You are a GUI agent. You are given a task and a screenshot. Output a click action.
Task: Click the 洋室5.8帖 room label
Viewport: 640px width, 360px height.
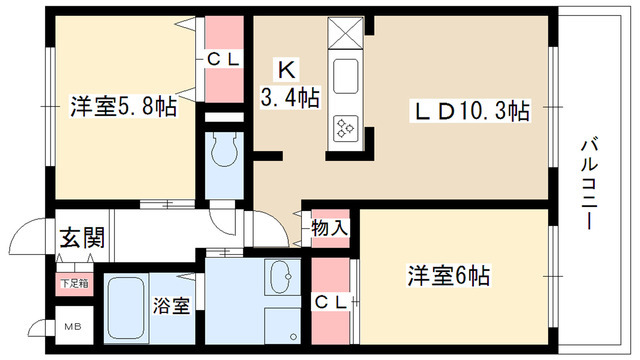click(122, 106)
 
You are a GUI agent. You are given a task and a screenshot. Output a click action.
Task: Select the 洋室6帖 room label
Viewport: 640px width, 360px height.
click(448, 273)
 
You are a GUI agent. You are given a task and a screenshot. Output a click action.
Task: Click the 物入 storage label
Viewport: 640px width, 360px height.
click(330, 228)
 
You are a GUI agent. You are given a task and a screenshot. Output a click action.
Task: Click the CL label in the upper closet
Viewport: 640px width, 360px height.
click(225, 59)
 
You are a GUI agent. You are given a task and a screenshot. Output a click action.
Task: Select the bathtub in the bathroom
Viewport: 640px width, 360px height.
click(126, 308)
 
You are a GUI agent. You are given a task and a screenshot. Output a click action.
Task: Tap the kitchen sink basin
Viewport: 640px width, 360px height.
click(347, 77)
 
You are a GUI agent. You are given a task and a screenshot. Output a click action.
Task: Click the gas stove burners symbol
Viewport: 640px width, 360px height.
click(347, 127)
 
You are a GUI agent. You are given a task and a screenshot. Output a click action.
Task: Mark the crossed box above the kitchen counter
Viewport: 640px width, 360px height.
click(346, 33)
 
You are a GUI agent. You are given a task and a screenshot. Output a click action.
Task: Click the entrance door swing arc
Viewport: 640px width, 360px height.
click(20, 240)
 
